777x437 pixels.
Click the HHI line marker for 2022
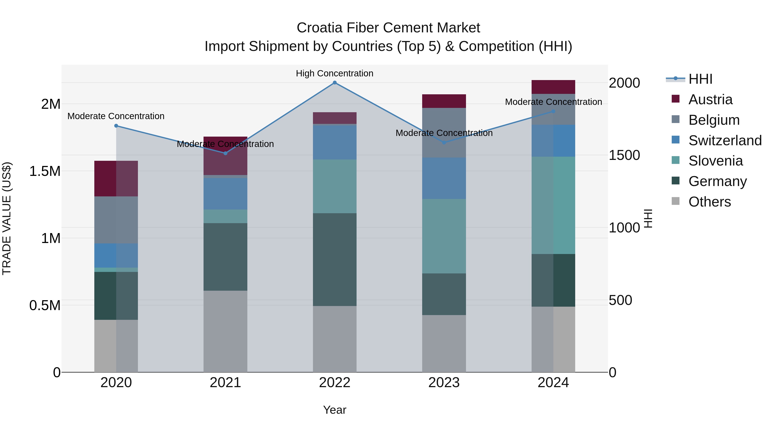coord(335,83)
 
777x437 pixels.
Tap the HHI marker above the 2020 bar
coord(116,126)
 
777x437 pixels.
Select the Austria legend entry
coord(710,99)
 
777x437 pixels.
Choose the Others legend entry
coord(709,202)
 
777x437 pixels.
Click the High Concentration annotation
coord(335,73)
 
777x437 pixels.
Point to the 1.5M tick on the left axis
coord(45,171)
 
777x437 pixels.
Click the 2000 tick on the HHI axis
coord(624,83)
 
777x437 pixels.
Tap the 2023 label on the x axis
coord(444,383)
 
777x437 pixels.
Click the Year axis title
coord(335,410)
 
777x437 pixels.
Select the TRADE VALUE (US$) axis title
coord(7,218)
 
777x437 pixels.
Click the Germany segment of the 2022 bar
coord(335,259)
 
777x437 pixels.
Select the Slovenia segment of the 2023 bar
coord(444,236)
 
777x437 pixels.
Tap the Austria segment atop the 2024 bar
coord(553,87)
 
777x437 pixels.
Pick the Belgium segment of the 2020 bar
coord(116,220)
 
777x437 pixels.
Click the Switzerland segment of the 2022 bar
coord(335,142)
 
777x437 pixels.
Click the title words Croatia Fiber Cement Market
coord(388,28)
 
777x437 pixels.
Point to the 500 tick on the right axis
coord(620,300)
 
